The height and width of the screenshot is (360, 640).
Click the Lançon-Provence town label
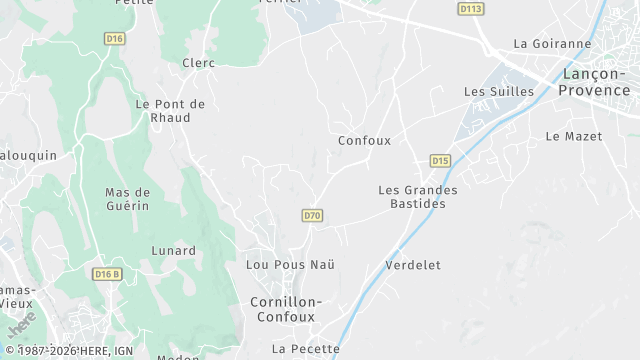pos(599,82)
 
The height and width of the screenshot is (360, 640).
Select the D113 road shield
pos(470,9)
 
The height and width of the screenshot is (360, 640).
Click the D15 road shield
pos(440,160)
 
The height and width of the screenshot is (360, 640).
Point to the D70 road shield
pos(312,215)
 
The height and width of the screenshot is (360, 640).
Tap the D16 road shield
pos(115,38)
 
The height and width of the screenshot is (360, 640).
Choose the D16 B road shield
pos(106,274)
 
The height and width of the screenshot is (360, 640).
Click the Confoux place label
pos(364,141)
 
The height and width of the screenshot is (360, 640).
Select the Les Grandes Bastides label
pos(418,196)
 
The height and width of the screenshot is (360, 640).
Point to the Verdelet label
pos(413,265)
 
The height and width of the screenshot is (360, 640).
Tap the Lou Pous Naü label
pos(290,264)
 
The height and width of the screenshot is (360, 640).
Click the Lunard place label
pos(173,250)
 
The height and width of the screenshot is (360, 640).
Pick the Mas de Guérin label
pos(127,198)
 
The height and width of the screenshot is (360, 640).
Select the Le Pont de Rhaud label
pos(170,110)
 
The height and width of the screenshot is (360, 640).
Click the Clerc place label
pos(198,63)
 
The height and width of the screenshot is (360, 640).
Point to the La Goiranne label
pos(552,44)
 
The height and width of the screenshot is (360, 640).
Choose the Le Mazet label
pos(574,136)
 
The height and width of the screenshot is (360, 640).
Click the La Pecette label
pos(306,349)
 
